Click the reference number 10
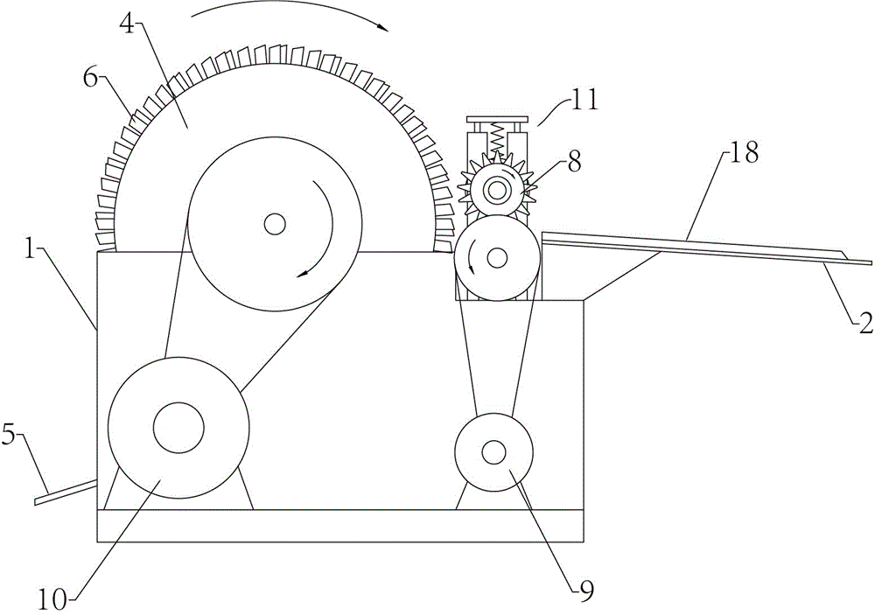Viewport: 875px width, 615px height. click(x=52, y=600)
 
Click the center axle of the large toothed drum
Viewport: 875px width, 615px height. click(x=274, y=224)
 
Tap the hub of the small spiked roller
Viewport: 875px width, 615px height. click(x=495, y=191)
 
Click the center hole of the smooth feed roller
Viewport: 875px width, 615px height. click(x=497, y=258)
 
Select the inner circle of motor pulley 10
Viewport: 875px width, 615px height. click(x=178, y=428)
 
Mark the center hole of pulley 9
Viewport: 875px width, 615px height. click(x=493, y=452)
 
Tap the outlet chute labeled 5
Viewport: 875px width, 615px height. click(x=66, y=493)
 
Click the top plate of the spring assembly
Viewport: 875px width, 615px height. click(x=497, y=120)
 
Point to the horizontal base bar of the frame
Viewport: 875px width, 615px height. click(x=340, y=525)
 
